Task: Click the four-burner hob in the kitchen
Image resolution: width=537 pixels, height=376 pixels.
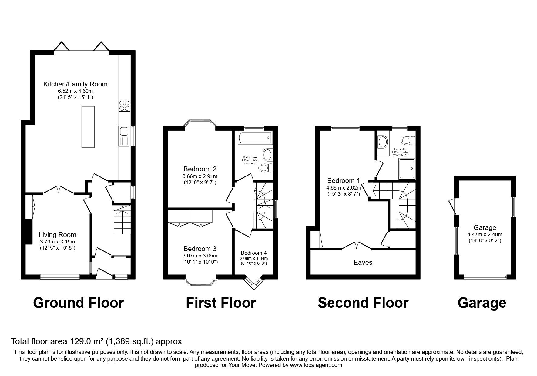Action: (x=124, y=106)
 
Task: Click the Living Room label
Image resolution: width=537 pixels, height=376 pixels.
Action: (x=57, y=235)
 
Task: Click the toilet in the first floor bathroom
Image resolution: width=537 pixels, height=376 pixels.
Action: (x=266, y=168)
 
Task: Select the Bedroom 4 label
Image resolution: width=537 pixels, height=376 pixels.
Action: (x=254, y=253)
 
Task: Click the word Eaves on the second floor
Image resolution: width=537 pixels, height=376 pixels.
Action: (x=363, y=263)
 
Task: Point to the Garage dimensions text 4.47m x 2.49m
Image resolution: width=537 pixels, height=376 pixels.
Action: (x=485, y=234)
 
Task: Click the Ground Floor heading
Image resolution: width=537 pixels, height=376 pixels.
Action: (x=78, y=303)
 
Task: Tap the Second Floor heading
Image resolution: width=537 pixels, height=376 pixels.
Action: (x=363, y=303)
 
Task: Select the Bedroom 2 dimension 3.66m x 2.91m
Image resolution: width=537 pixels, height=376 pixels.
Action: (x=200, y=176)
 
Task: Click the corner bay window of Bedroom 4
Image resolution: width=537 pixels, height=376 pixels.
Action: (x=253, y=282)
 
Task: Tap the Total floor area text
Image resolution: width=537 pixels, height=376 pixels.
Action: (x=96, y=341)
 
